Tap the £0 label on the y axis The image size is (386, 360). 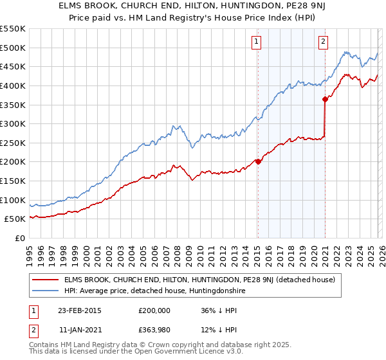[x=21, y=238]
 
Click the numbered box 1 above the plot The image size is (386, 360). [x=257, y=42]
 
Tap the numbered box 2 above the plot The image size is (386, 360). [x=323, y=42]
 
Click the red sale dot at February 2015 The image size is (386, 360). [x=258, y=161]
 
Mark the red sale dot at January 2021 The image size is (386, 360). [x=325, y=99]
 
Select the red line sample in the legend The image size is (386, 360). [x=45, y=280]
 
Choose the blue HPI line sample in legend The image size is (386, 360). [x=45, y=291]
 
